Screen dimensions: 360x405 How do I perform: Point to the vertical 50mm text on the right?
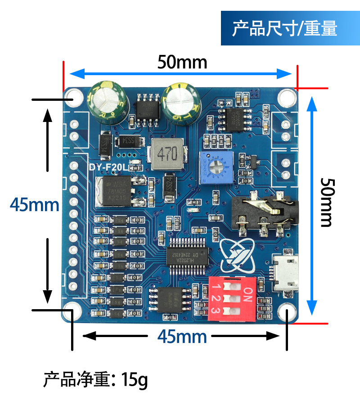327,202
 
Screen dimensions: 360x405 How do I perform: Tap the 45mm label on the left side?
35,205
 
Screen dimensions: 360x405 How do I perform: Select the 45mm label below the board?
182,336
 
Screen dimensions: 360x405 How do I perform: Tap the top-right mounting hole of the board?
285,97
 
